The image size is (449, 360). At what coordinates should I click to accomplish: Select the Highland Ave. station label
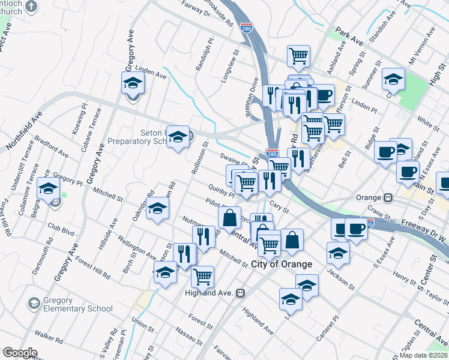click(x=209, y=293)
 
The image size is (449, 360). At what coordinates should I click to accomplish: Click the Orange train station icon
click(x=389, y=197)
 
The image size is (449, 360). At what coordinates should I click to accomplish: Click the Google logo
click(x=20, y=353)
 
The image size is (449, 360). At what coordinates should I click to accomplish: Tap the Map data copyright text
click(x=424, y=355)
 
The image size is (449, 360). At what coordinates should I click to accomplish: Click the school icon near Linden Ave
click(x=133, y=83)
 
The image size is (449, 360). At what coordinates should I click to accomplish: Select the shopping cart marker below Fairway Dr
click(x=298, y=56)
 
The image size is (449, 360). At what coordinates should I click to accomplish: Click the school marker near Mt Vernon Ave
click(x=393, y=79)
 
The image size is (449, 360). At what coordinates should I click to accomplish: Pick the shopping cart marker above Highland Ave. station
click(x=203, y=277)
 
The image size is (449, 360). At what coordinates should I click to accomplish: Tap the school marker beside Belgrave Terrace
click(x=47, y=189)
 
